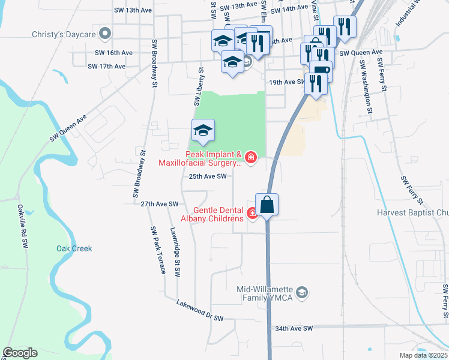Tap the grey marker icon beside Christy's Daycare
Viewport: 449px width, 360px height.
click(106, 34)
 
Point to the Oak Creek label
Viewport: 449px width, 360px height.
click(74, 248)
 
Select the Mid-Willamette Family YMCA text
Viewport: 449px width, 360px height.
click(265, 292)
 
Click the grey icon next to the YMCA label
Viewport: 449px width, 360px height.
click(303, 292)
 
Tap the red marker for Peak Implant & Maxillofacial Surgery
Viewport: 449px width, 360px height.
click(250, 158)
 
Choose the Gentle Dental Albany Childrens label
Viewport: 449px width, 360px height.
click(218, 214)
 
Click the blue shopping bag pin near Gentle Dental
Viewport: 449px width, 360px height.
click(267, 205)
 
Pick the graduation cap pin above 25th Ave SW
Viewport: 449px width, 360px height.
click(203, 131)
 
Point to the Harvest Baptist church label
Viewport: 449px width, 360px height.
click(412, 212)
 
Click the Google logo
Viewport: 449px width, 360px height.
click(19, 353)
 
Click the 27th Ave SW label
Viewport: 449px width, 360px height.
click(160, 205)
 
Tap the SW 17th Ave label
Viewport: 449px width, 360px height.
click(106, 67)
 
